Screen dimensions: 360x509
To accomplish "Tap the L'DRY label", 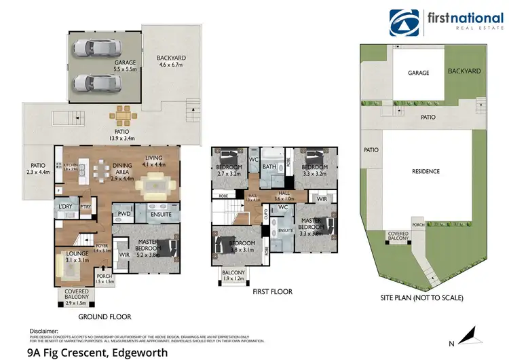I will click(65, 206).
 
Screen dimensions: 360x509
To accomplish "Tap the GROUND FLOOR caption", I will click(104, 317).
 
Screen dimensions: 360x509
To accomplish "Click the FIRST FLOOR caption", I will click(271, 291).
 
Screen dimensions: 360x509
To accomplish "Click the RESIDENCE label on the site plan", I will click(427, 172).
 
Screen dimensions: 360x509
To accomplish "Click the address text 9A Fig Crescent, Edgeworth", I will click(96, 352).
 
